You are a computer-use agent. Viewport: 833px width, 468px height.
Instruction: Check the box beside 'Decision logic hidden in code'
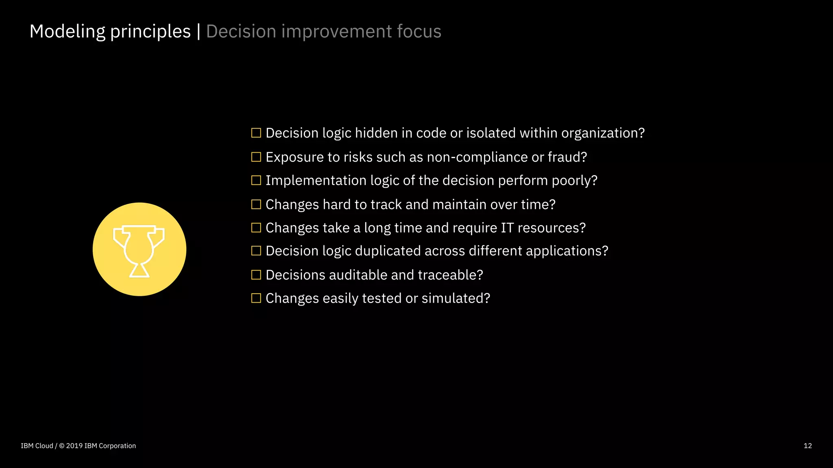[256, 133]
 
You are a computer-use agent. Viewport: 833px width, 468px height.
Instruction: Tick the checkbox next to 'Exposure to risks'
[256, 157]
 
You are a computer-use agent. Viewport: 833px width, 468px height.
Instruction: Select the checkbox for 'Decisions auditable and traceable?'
[256, 275]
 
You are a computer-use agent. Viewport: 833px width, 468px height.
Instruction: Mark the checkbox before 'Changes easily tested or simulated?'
[256, 298]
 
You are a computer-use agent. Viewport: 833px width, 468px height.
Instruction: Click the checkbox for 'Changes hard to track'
[256, 204]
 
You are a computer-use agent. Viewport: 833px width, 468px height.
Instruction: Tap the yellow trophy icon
[140, 249]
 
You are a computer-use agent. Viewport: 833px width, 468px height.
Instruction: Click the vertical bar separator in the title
[198, 31]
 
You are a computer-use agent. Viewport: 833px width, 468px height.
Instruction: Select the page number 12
[807, 446]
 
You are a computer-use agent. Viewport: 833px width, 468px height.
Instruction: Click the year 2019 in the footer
[74, 446]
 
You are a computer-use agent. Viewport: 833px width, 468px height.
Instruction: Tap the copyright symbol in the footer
[62, 446]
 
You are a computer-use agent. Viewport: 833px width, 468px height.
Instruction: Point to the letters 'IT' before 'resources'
[507, 228]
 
